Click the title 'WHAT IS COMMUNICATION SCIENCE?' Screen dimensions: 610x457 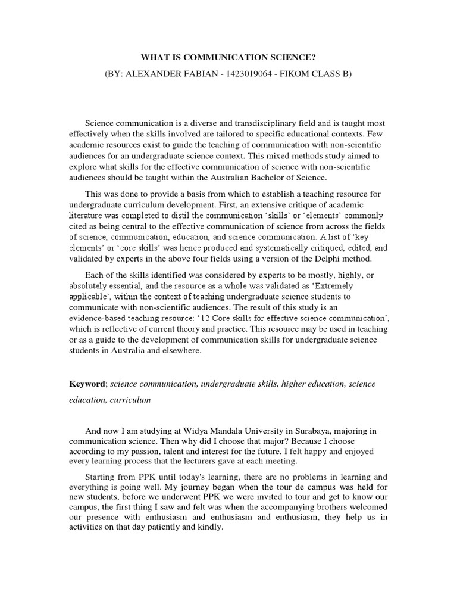click(228, 57)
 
